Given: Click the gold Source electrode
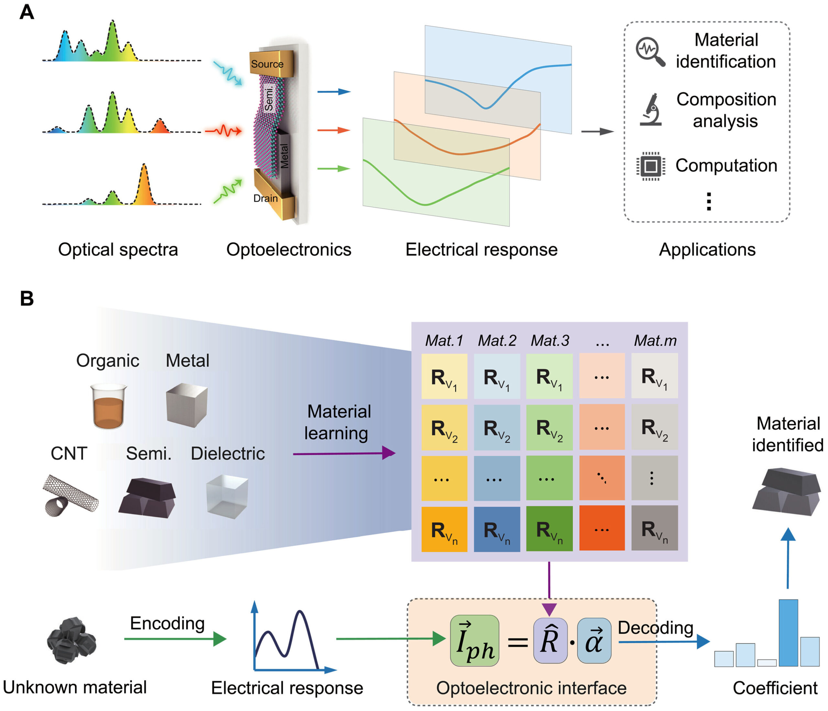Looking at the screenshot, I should click(271, 63).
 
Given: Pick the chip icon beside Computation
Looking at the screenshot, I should click(650, 166).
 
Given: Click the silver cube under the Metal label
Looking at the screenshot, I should click(187, 405).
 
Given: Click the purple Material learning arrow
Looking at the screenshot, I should click(344, 453).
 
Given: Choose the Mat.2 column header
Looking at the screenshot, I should click(497, 341).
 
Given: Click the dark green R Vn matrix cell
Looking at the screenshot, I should click(549, 529).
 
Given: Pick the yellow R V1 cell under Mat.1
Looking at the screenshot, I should click(444, 376).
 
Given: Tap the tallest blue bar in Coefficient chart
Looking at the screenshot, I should click(788, 633).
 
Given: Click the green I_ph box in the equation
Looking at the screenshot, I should click(474, 640).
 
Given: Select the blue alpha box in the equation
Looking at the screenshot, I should click(594, 640).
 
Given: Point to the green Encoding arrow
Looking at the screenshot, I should click(175, 639).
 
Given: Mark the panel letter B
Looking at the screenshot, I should click(27, 299).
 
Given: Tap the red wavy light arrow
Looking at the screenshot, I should click(223, 131).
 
